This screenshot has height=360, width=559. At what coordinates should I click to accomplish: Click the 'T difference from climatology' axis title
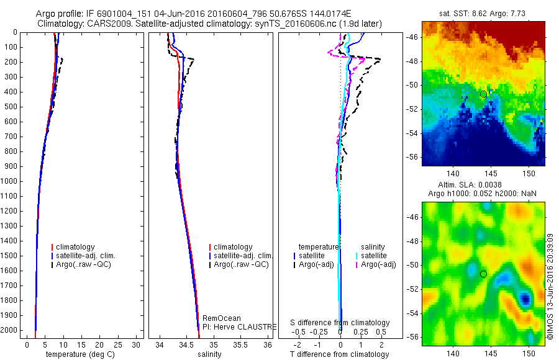click(339, 354)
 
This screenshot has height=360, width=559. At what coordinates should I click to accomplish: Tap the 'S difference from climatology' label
click(340, 323)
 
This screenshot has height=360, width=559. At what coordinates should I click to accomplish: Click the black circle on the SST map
click(483, 94)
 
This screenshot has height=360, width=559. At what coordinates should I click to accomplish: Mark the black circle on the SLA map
click(483, 274)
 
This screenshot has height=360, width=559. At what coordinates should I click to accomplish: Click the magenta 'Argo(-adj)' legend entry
click(378, 264)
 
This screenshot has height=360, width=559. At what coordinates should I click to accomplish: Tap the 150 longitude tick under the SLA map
click(529, 353)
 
